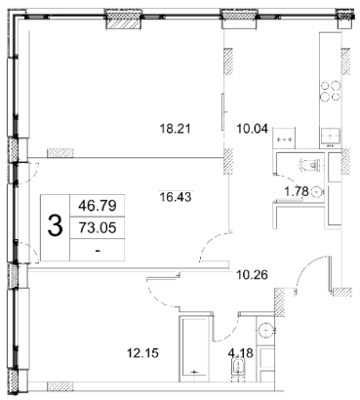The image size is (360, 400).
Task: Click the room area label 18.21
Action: click(175, 129)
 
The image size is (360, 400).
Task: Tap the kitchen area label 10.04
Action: click(252, 129)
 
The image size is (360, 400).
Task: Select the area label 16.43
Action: click(176, 197)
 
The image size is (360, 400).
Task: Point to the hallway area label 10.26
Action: click(252, 275)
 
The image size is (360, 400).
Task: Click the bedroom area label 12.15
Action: click(143, 352)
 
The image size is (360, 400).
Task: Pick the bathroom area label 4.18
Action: click(241, 352)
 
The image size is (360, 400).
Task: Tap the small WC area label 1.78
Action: click(297, 192)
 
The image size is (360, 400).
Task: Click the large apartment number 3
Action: click(55, 226)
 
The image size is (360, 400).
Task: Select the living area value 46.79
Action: click(98, 206)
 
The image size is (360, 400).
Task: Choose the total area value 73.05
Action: click(98, 227)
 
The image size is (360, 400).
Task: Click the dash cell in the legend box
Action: click(98, 250)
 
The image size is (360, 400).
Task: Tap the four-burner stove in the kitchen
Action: click(330, 91)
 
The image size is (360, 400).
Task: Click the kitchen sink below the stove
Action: click(331, 136)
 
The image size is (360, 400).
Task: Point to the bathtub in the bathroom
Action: click(194, 348)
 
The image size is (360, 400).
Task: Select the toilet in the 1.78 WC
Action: click(311, 165)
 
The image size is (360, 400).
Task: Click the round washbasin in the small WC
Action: click(317, 192)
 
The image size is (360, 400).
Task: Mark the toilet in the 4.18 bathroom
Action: click(238, 369)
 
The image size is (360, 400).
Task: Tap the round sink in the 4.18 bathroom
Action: click(266, 331)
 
